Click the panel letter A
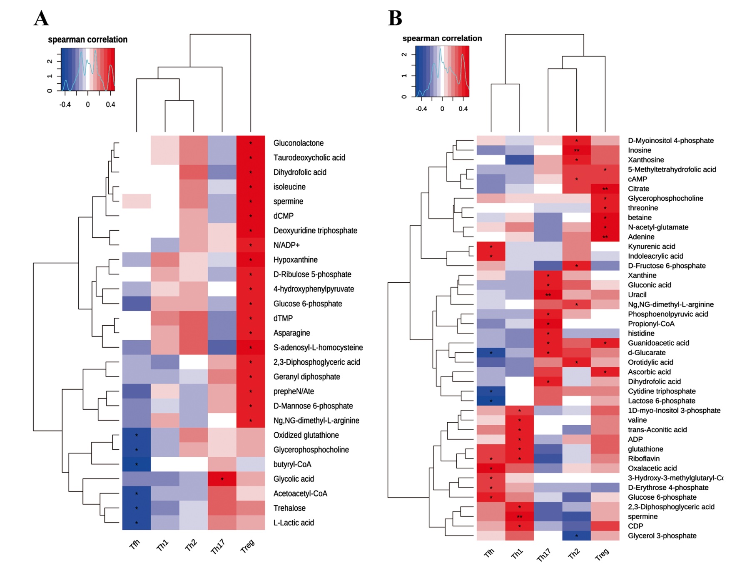click(x=41, y=18)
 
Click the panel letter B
click(x=395, y=18)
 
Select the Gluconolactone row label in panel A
click(x=298, y=143)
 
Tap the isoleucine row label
click(x=289, y=187)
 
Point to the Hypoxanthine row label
click(x=295, y=260)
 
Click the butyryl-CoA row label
click(x=292, y=464)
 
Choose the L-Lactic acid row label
click(x=293, y=523)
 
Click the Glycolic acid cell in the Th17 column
click(x=222, y=479)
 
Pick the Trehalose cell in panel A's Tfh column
click(x=137, y=508)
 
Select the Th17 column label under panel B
click(x=544, y=554)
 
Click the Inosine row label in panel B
click(x=639, y=150)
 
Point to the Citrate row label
click(x=638, y=189)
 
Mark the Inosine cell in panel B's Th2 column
click(x=576, y=150)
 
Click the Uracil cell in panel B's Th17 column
click(x=548, y=295)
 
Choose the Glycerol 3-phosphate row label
click(x=662, y=536)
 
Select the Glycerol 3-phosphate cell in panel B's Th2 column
click(x=576, y=536)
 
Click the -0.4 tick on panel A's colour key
click(x=65, y=105)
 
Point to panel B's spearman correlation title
click(x=442, y=38)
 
